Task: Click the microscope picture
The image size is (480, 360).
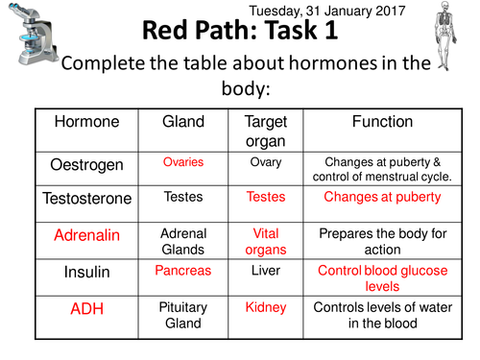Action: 29,43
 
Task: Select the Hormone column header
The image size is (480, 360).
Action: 86,123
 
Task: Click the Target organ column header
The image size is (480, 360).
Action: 265,131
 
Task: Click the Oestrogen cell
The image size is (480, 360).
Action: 86,165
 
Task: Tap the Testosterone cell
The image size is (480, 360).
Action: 86,199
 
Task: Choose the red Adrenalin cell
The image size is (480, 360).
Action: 86,236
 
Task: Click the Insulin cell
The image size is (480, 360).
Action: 86,273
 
